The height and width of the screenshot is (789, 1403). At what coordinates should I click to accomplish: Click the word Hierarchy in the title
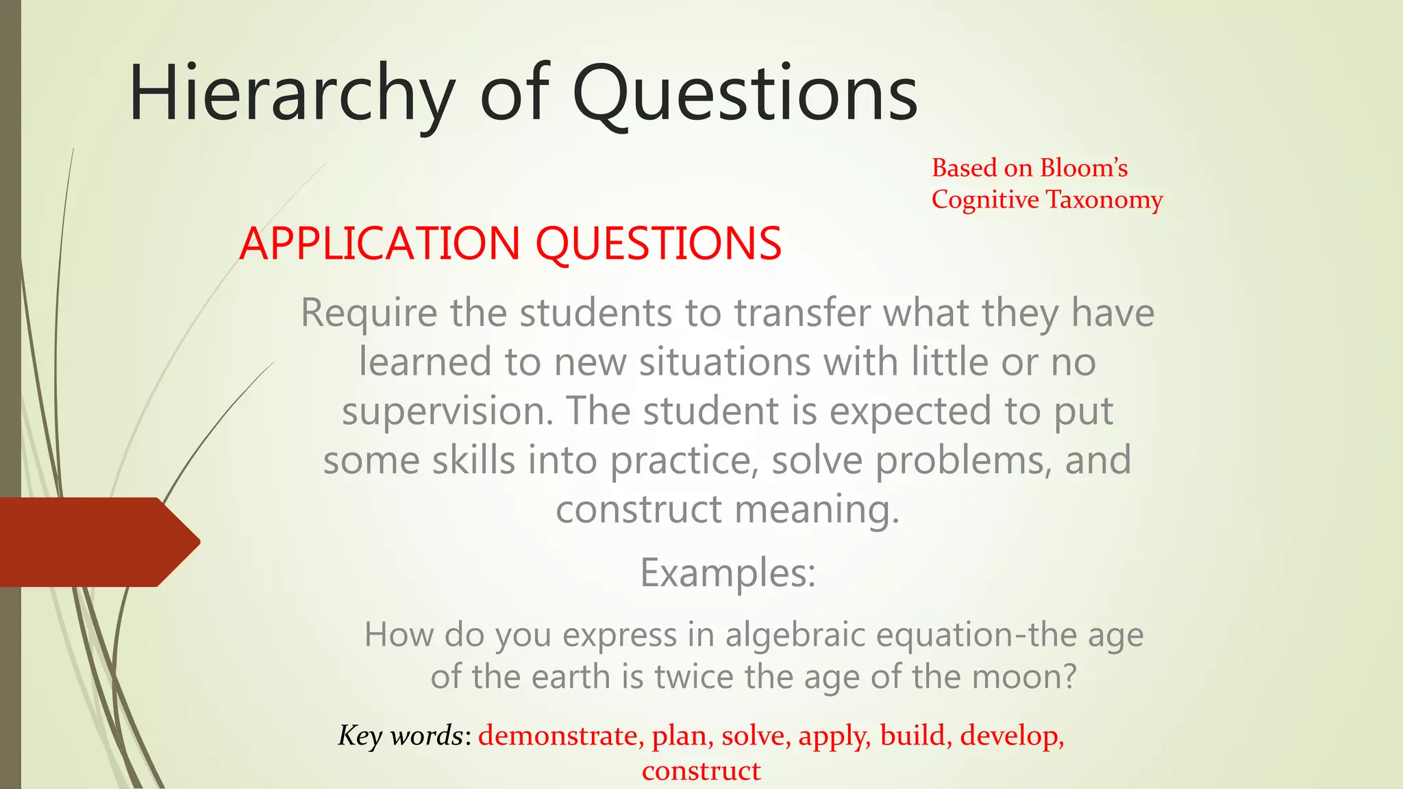(x=291, y=94)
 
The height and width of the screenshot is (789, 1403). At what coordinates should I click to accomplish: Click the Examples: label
(x=728, y=573)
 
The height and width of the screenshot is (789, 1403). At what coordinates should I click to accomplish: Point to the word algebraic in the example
(x=795, y=634)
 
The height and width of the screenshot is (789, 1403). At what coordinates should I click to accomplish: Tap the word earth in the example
(x=572, y=677)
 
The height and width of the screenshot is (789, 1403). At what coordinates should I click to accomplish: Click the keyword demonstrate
(x=558, y=736)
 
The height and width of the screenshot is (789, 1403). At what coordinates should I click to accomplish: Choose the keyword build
(x=912, y=736)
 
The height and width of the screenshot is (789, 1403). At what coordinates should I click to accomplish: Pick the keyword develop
(x=1010, y=736)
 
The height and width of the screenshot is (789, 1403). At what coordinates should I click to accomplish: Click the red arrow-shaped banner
(x=96, y=542)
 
